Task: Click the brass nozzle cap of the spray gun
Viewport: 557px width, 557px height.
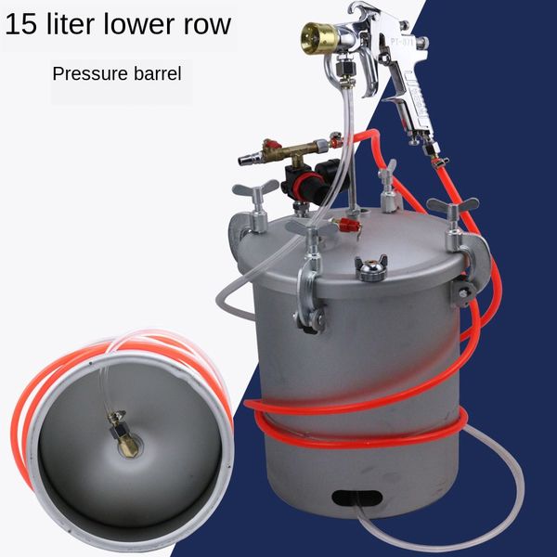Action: tap(312, 39)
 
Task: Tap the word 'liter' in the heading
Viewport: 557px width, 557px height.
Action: tap(86, 24)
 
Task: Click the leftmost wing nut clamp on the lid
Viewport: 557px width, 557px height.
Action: tap(252, 193)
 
